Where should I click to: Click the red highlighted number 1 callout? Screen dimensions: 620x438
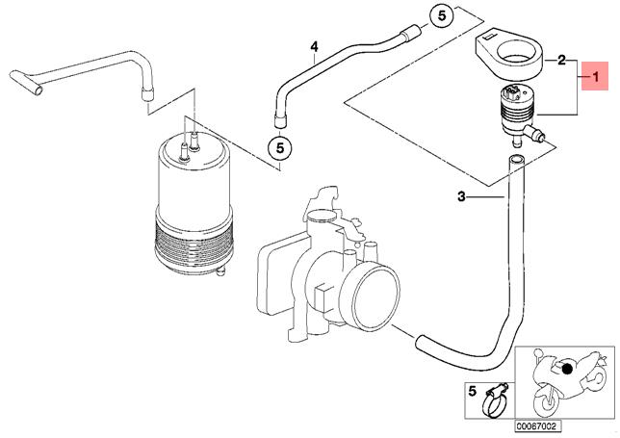point(595,76)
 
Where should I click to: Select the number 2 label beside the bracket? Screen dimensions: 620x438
point(561,61)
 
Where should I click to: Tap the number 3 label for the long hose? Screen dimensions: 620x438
point(461,196)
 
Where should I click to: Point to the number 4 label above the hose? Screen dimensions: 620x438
point(314,47)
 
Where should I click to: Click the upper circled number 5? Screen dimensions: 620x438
point(442,16)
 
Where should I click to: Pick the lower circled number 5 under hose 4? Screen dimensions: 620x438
point(279,148)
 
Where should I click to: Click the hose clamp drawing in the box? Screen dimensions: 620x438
point(495,400)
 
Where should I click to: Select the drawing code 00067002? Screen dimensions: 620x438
point(537,426)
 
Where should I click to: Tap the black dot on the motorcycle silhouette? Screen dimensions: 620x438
point(567,369)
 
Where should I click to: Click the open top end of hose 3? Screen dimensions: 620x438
point(515,159)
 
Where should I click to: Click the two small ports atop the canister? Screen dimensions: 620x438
point(190,146)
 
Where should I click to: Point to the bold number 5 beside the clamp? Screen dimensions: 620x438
point(472,392)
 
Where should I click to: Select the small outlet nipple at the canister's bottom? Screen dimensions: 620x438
point(220,271)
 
